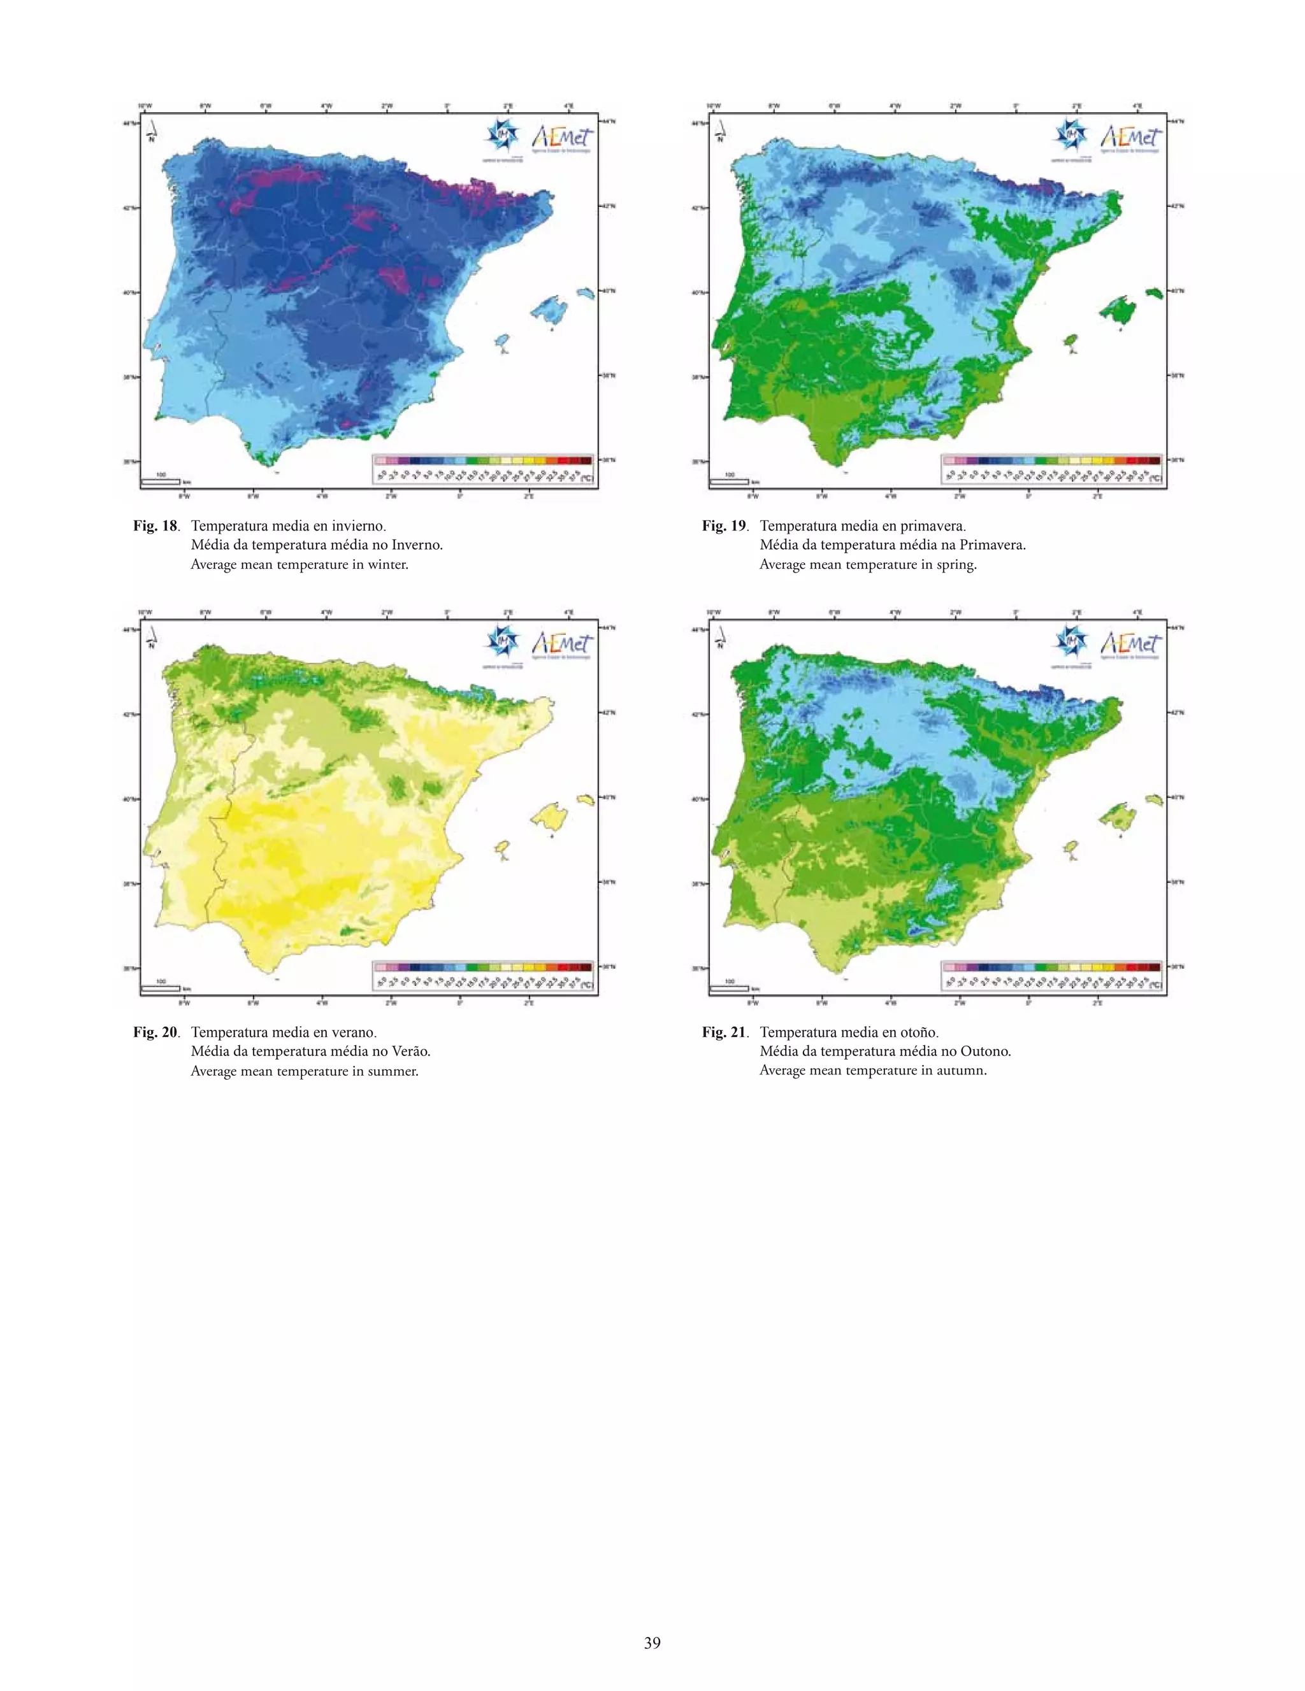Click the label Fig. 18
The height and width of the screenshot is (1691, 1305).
click(155, 525)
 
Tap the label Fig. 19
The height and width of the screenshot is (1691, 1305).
click(724, 525)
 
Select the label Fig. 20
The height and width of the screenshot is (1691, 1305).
click(155, 1032)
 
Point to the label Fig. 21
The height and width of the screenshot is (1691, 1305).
click(724, 1032)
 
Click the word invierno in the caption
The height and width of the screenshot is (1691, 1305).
click(359, 525)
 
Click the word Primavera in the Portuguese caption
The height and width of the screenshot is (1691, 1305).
click(991, 545)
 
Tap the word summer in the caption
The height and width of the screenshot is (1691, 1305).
click(391, 1071)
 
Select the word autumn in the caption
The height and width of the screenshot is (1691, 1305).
click(960, 1071)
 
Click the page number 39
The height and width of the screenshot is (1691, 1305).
click(652, 1642)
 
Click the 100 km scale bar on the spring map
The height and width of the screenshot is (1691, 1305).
click(729, 481)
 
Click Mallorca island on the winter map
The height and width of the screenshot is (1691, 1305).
click(549, 309)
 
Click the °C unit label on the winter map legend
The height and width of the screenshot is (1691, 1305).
click(586, 478)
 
